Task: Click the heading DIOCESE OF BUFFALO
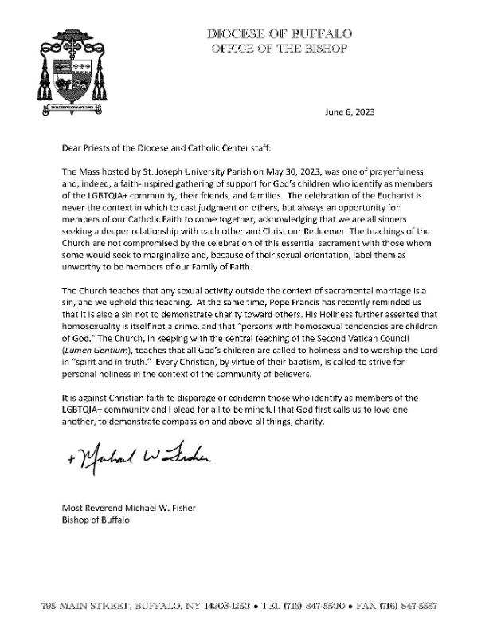tap(279, 33)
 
